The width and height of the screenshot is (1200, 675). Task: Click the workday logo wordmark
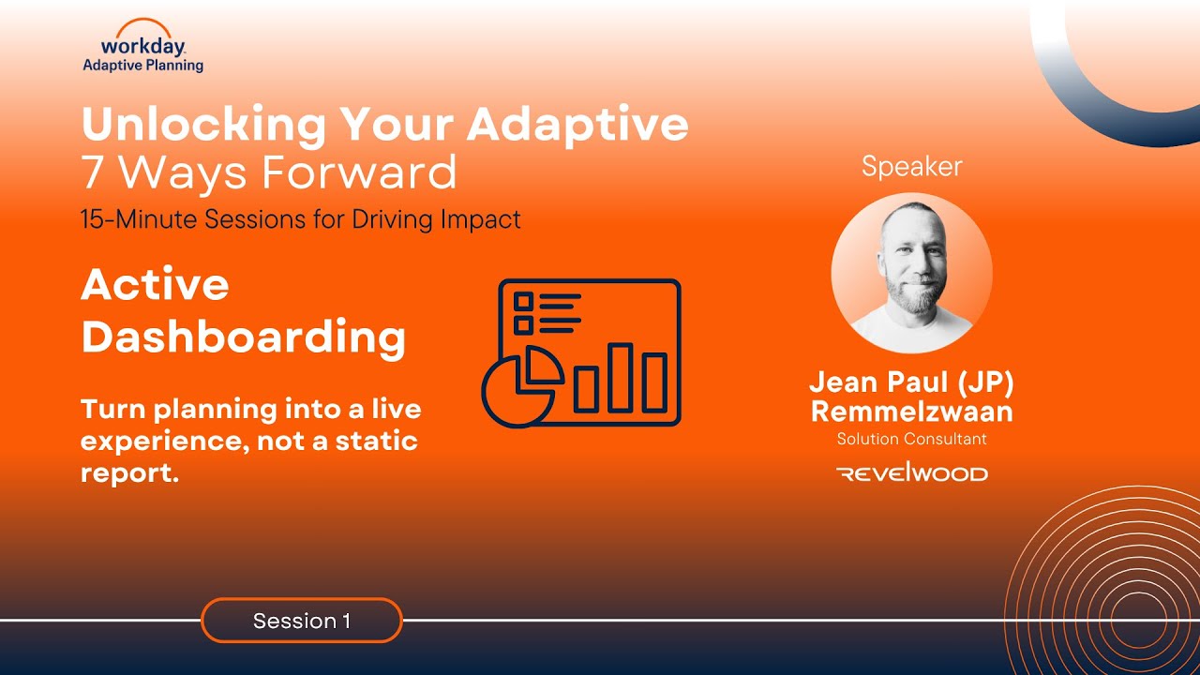click(143, 46)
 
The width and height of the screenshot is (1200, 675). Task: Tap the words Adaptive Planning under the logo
click(143, 66)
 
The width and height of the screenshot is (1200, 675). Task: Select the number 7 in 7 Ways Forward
click(92, 172)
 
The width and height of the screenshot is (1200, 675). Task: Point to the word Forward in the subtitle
click(358, 172)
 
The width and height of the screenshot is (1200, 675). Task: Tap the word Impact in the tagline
click(480, 219)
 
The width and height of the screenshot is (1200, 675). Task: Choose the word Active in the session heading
click(155, 284)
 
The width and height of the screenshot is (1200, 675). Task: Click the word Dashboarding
click(243, 336)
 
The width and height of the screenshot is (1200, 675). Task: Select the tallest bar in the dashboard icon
click(620, 378)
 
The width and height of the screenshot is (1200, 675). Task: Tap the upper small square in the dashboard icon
click(523, 302)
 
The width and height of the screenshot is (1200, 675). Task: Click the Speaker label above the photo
click(912, 167)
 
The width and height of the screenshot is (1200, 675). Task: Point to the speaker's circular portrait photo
click(912, 273)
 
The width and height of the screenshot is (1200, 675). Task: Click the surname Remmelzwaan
click(912, 412)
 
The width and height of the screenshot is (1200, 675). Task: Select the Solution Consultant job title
click(912, 440)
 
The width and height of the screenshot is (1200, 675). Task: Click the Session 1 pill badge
click(302, 621)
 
